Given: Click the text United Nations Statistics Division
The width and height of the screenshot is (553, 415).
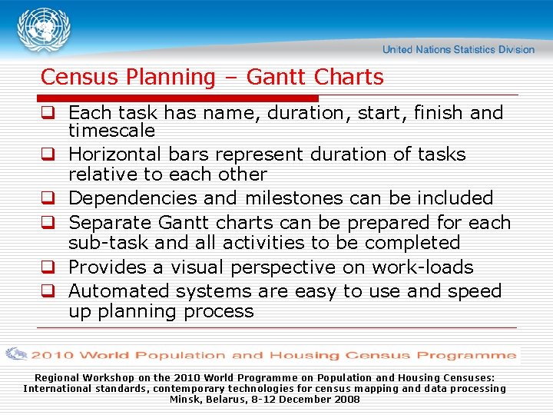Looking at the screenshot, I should [x=458, y=49].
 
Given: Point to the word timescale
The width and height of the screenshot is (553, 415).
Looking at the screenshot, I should [x=111, y=131].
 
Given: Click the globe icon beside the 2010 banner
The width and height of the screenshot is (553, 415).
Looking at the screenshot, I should [x=17, y=354].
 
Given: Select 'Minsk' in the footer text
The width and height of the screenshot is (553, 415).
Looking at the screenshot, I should [x=184, y=400].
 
